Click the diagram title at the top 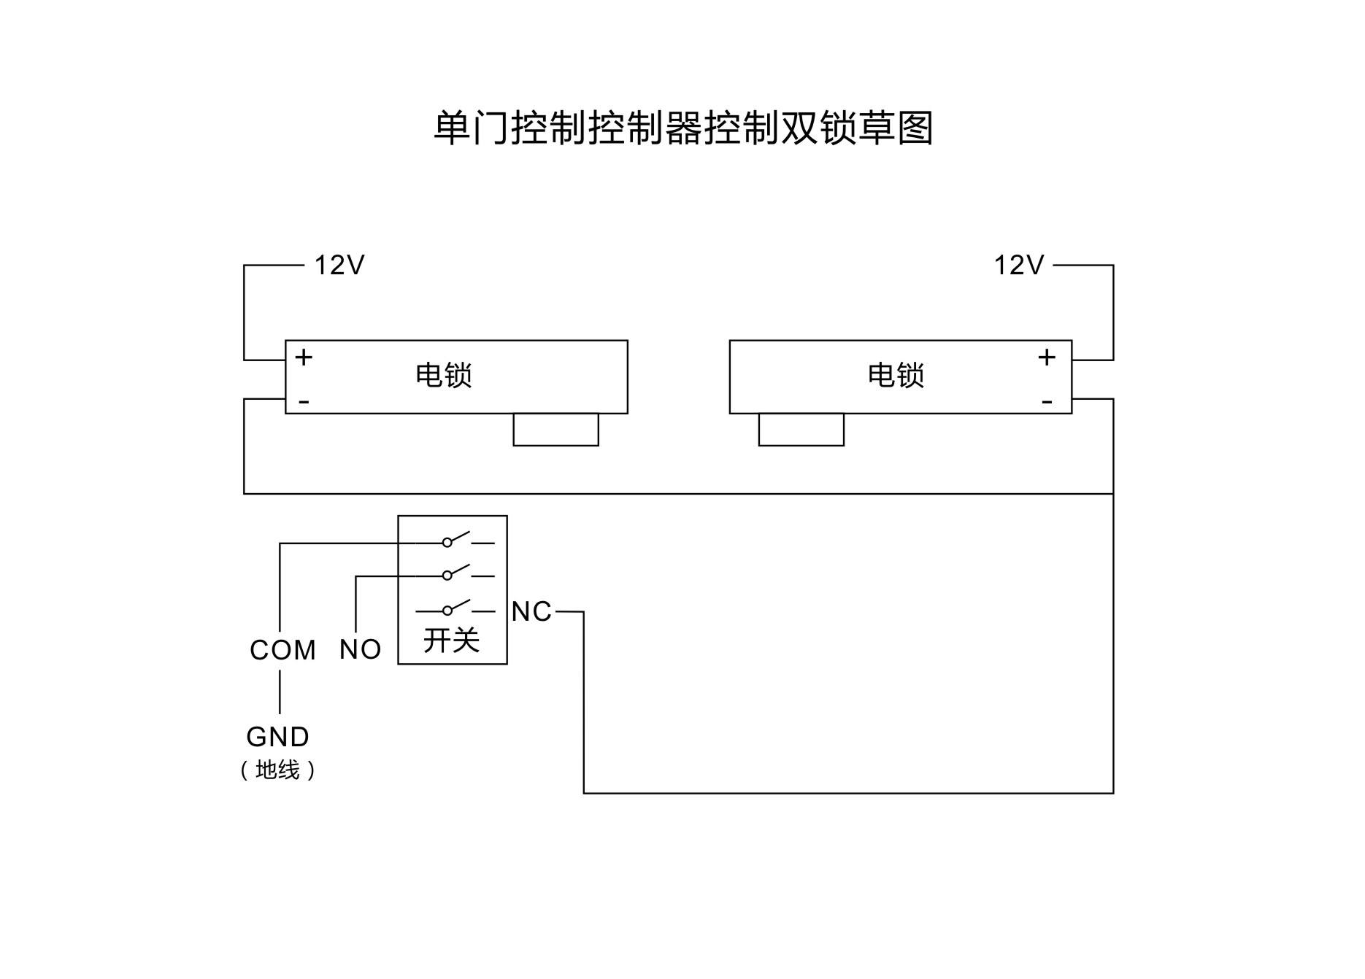pos(683,128)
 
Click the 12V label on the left pos(339,266)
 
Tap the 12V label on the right pos(1019,266)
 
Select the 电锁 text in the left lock pos(444,376)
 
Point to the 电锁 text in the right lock pos(896,376)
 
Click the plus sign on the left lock pos(304,357)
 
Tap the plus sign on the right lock pos(1047,357)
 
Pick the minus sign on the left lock pos(304,402)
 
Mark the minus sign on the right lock pos(1047,402)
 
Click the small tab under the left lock pos(555,430)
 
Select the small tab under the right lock pos(801,430)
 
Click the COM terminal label pos(282,650)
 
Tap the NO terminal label pos(360,650)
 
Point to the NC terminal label pos(531,612)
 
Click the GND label pos(278,738)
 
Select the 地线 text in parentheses pos(278,770)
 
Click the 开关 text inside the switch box pos(452,641)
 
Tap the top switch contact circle pos(447,543)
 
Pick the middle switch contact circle pos(447,576)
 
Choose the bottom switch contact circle pos(447,611)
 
